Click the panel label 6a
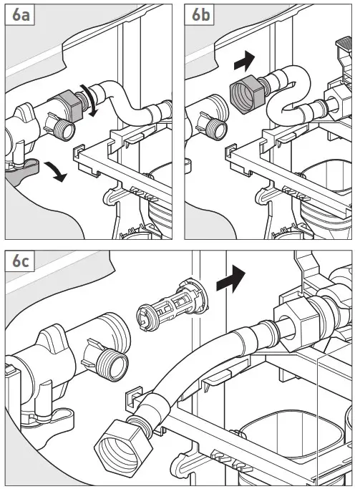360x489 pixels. pos(21,14)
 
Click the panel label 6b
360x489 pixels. pos(200,14)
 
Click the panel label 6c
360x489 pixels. pos(21,261)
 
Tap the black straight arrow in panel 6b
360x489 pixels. pos(245,61)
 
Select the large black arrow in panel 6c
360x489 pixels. pos(230,279)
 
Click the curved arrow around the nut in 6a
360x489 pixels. pos(92,100)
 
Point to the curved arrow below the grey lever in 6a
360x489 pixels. pos(56,172)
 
